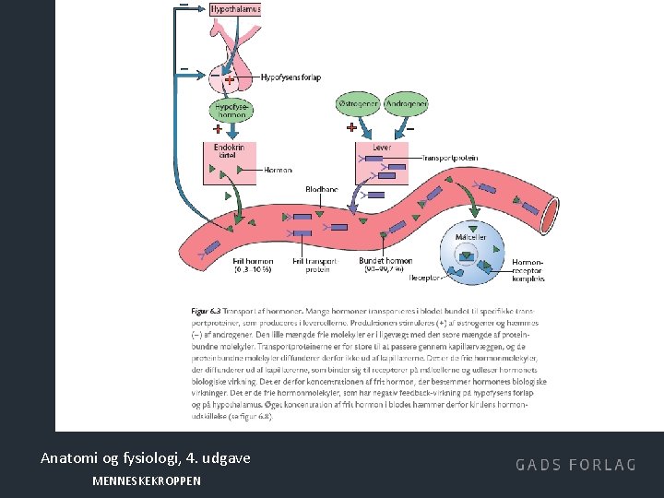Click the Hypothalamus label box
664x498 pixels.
(x=235, y=8)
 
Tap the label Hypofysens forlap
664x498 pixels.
(x=291, y=77)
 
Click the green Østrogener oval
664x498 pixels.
(x=358, y=104)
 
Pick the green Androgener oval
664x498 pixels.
(x=405, y=104)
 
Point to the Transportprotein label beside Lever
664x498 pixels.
(x=450, y=158)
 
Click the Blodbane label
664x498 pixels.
(x=322, y=189)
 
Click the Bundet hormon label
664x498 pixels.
(x=385, y=266)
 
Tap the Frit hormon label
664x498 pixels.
(x=253, y=266)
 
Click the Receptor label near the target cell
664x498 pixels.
(x=425, y=277)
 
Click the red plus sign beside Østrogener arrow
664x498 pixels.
(x=351, y=128)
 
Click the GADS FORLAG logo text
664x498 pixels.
(x=575, y=464)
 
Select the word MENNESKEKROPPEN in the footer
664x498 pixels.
(x=146, y=480)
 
